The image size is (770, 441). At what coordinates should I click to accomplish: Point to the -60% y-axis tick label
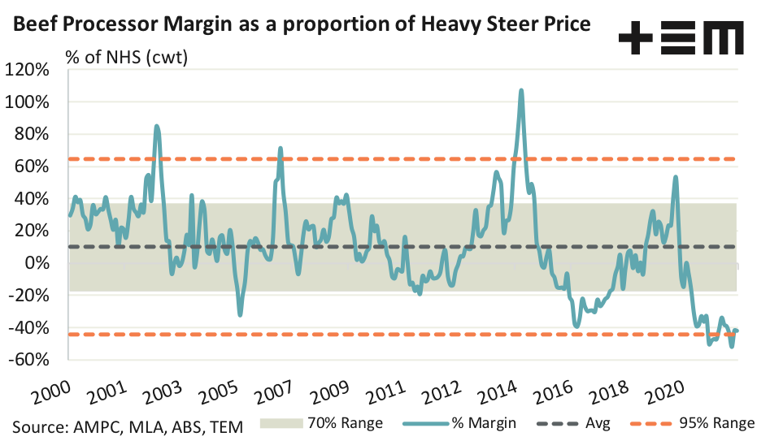[x=30, y=360]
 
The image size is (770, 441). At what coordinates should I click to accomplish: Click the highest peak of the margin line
[x=520, y=90]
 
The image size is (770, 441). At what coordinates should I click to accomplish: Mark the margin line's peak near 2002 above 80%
[x=157, y=126]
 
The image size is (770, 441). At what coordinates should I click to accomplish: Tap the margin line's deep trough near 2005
[x=240, y=314]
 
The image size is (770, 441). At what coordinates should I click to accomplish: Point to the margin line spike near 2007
[x=281, y=149]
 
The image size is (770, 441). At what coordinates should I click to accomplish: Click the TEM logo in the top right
[x=681, y=37]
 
